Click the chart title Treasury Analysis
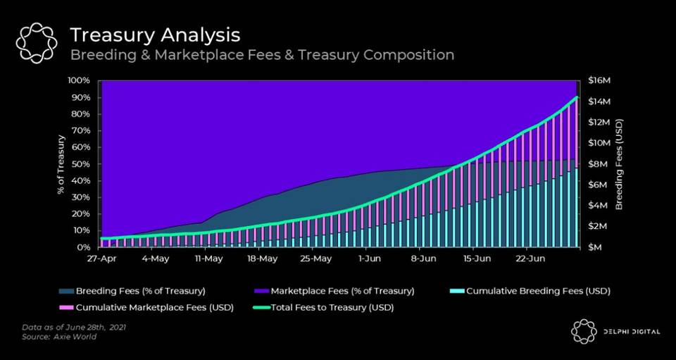click(155, 35)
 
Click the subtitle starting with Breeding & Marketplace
click(261, 55)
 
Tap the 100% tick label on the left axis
click(80, 80)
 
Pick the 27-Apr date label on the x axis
click(101, 259)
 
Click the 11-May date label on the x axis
click(208, 259)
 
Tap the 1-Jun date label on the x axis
click(368, 259)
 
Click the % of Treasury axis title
click(62, 163)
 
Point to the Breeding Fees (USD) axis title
click(620, 163)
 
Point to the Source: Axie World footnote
click(59, 338)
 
